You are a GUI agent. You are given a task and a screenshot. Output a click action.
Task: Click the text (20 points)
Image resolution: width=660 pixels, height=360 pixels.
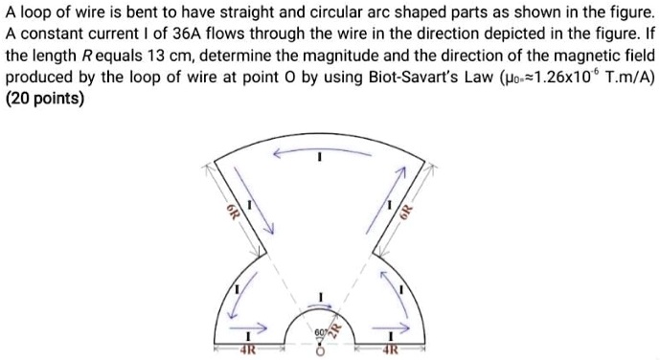(x=45, y=101)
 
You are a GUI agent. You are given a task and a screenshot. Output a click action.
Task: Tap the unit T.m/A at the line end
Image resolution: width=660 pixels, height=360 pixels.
(x=626, y=79)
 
